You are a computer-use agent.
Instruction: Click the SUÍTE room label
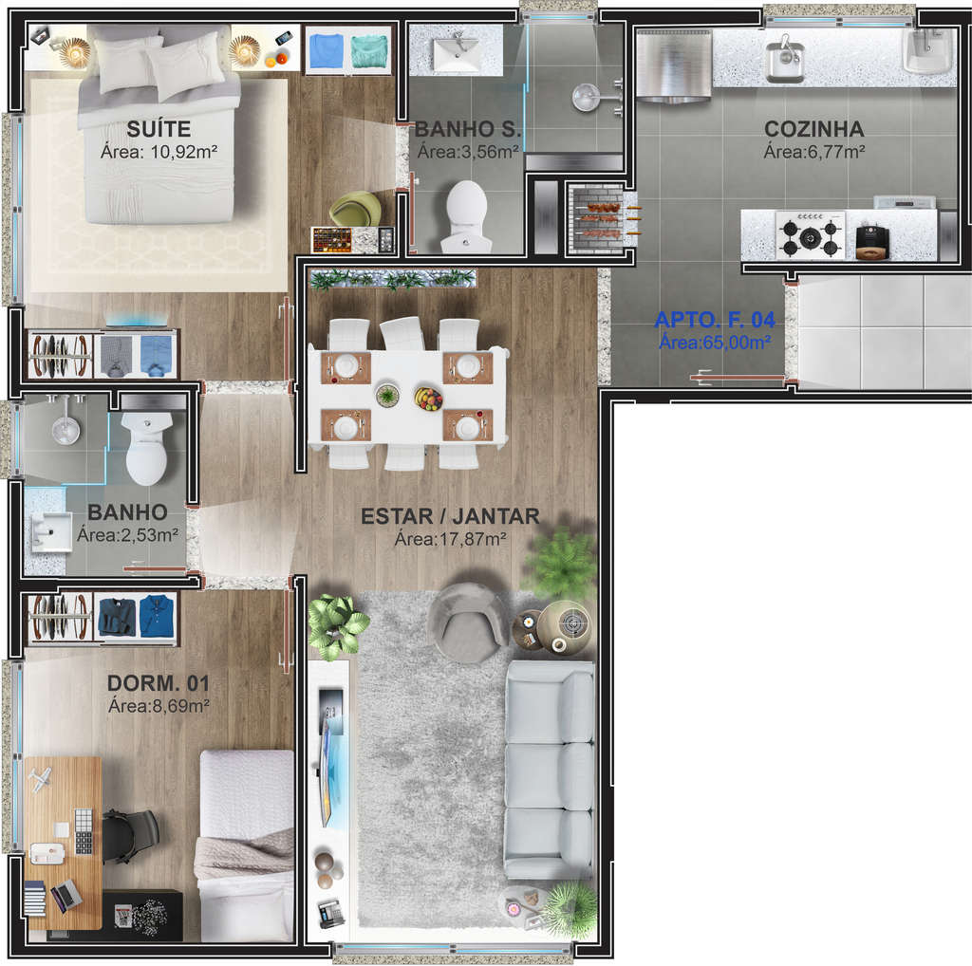point(159,129)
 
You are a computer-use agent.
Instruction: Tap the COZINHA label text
point(813,129)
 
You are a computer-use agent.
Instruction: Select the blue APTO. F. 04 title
point(715,320)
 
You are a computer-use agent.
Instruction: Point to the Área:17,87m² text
point(451,539)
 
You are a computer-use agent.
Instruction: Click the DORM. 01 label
point(159,683)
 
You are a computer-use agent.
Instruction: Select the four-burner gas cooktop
point(811,234)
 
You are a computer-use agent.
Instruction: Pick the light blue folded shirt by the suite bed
point(327,50)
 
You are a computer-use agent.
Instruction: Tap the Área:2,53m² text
point(128,535)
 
